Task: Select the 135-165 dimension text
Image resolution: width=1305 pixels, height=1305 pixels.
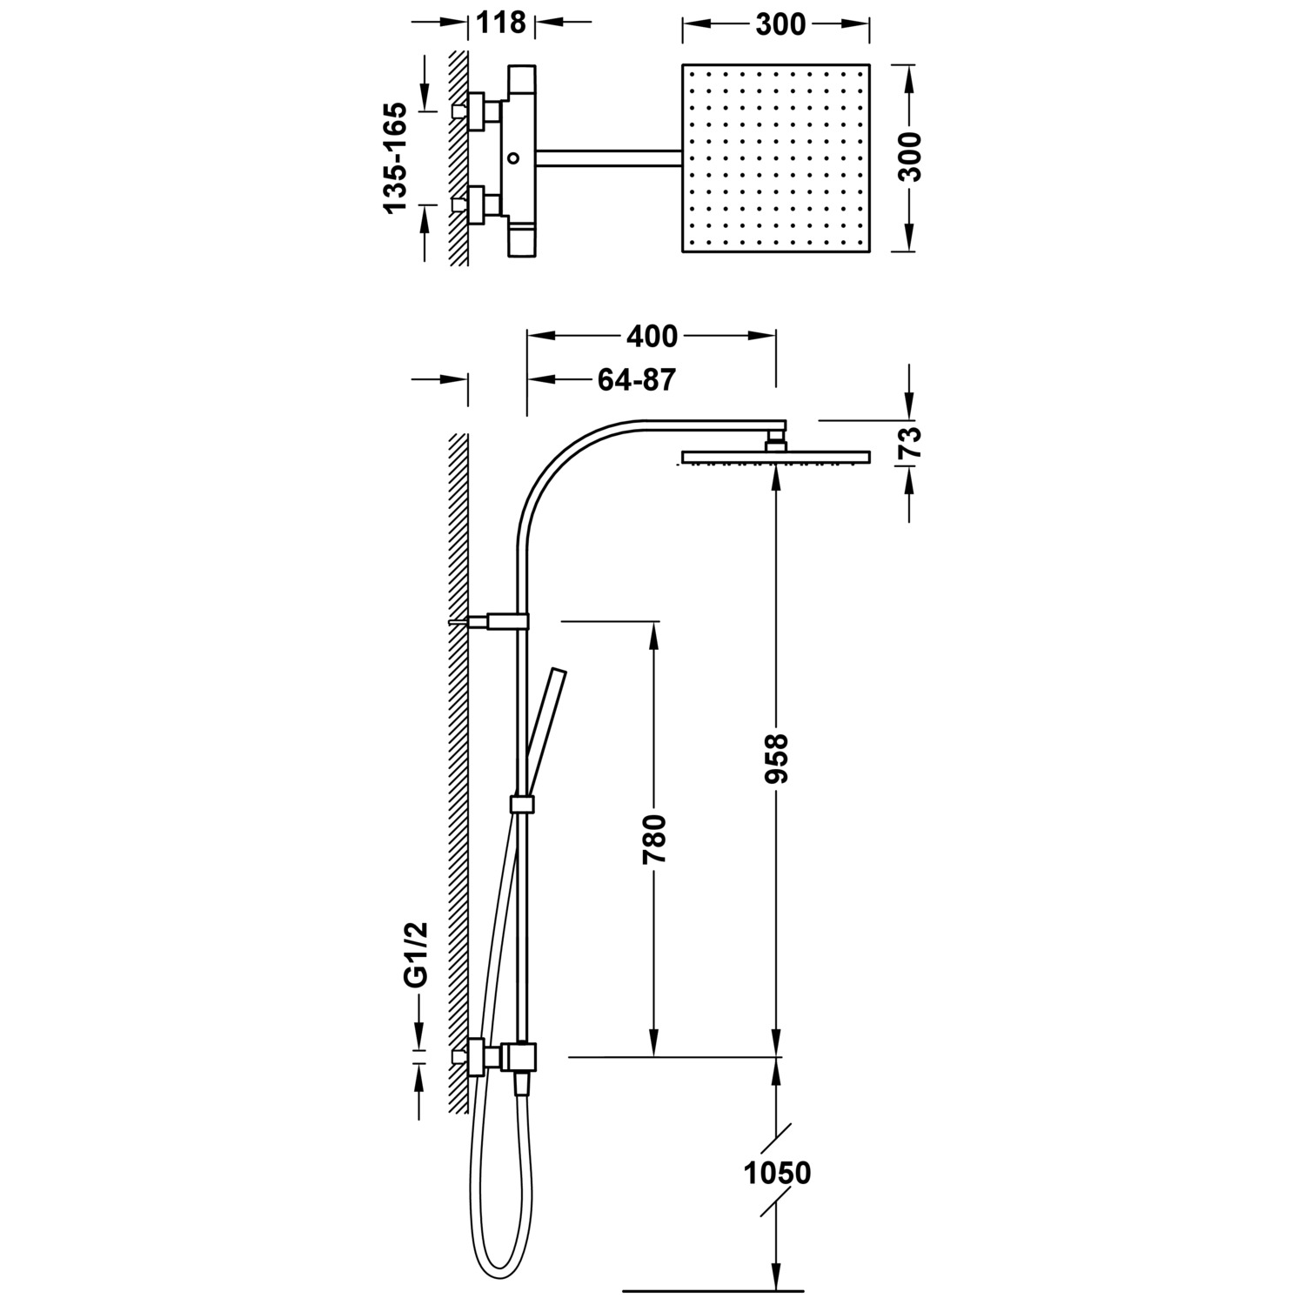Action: (394, 157)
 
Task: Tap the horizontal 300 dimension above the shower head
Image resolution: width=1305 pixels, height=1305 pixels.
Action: (780, 24)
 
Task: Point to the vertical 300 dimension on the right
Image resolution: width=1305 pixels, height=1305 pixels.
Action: (909, 157)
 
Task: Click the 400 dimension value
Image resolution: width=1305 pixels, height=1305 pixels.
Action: (652, 335)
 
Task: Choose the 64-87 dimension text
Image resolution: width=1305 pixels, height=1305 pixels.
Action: (637, 379)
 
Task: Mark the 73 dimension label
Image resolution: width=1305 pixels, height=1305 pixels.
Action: (909, 443)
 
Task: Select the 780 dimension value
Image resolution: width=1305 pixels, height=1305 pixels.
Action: (654, 838)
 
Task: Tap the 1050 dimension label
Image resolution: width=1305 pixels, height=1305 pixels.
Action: (777, 1173)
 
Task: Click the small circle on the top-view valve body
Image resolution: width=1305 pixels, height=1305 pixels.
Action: (513, 158)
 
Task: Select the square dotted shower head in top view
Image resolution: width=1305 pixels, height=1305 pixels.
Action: (776, 157)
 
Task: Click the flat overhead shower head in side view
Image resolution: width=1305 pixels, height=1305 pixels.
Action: (776, 457)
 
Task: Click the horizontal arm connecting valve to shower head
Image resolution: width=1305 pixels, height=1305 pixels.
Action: (609, 157)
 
